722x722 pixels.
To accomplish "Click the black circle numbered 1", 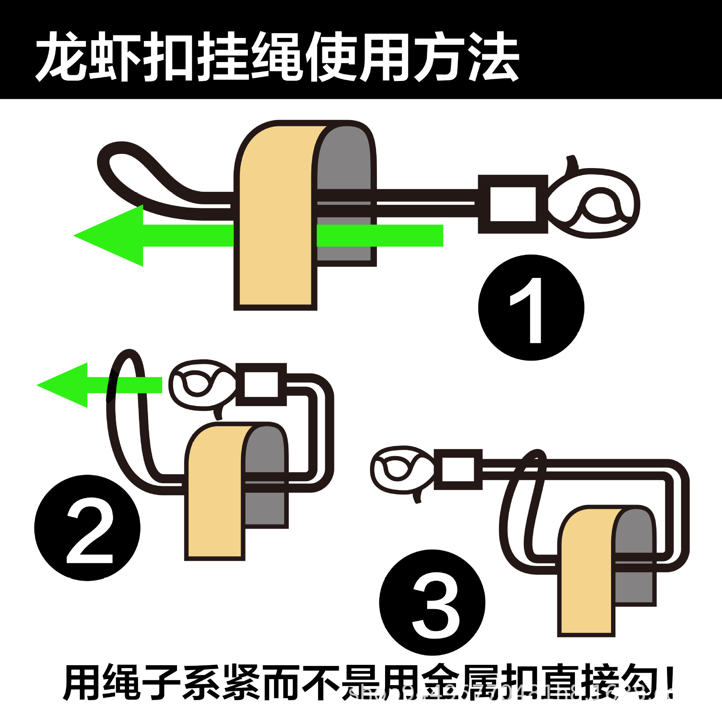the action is (531, 308).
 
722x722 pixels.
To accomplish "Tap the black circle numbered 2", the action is (87, 528).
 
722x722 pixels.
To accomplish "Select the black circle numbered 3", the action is (432, 602).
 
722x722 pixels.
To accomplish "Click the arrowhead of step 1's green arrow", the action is (109, 236).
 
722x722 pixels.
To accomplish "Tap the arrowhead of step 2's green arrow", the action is (64, 385).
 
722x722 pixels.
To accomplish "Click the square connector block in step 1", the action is (513, 204).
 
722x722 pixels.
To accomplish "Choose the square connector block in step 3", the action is (458, 470).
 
